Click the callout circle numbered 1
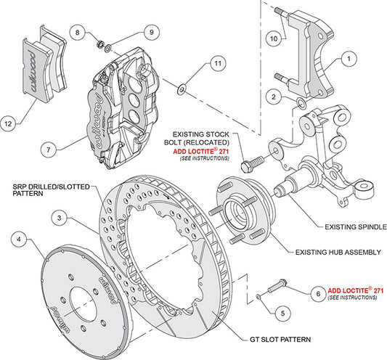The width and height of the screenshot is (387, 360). point(349,59)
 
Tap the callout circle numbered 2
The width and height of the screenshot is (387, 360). point(274,97)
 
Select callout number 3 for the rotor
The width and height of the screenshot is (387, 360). point(60,218)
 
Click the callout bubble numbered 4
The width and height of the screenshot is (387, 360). point(19,239)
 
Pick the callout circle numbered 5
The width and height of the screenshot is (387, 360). point(282,314)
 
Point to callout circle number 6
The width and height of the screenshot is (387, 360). point(318,294)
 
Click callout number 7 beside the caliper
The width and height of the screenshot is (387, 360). point(49,150)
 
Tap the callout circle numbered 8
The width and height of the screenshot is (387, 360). point(77,33)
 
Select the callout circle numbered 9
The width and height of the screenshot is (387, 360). point(152,32)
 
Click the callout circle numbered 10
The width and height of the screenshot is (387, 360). point(274,38)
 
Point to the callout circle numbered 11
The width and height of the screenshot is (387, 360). point(218,63)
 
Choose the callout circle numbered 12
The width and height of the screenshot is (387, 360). point(8,123)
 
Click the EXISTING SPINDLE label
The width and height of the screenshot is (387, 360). point(356,226)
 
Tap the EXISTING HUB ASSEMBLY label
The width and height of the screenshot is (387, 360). point(338,252)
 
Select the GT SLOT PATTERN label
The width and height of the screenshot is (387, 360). point(280,340)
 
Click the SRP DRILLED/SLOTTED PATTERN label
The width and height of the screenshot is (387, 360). point(51,189)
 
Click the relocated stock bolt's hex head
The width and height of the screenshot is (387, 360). point(246,167)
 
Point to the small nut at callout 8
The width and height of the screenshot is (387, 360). point(99,45)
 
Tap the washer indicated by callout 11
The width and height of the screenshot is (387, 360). point(182,89)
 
